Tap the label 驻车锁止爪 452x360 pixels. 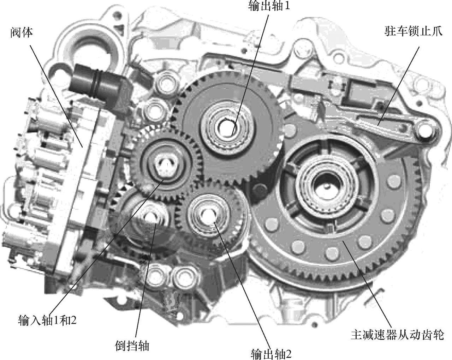(x=414, y=31)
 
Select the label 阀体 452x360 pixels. (x=22, y=33)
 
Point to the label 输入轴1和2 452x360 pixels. (x=47, y=320)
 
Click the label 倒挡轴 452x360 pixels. (x=132, y=346)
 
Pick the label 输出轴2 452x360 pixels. (x=271, y=354)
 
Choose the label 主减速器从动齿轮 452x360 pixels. (x=398, y=335)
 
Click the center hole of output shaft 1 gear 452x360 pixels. (x=227, y=127)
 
